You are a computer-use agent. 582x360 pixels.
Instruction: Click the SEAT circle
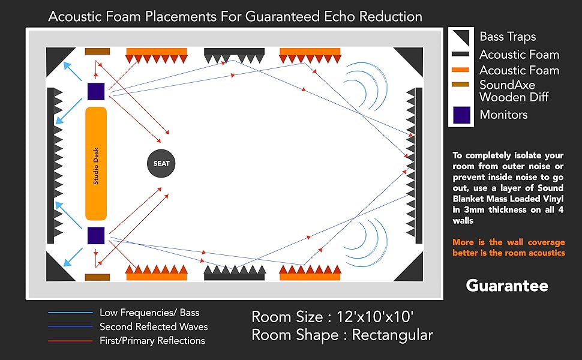(161, 163)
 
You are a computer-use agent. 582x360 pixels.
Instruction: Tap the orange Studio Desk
(96, 163)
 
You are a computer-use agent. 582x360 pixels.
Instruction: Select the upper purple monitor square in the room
(96, 91)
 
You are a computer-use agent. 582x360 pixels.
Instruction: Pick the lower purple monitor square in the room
(96, 235)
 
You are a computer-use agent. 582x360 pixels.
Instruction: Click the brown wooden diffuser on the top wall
(97, 52)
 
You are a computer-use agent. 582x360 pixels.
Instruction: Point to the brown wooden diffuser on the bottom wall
(97, 277)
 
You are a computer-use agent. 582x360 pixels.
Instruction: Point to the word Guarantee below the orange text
(507, 286)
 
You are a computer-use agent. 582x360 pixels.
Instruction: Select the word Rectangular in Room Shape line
(392, 335)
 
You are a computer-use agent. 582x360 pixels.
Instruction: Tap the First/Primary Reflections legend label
(152, 341)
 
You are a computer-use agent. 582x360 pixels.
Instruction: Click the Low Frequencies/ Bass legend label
(149, 313)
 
